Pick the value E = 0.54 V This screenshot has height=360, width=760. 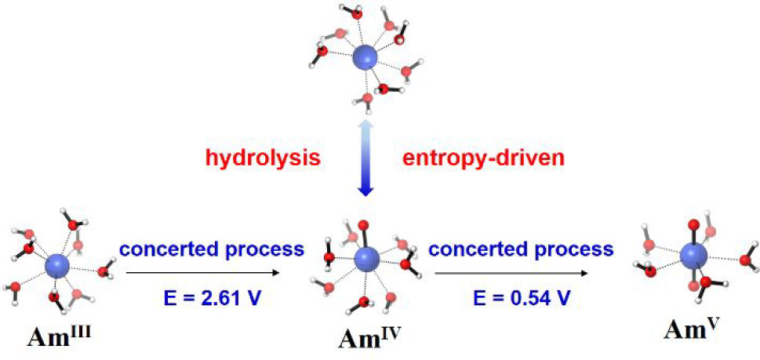pos(521,298)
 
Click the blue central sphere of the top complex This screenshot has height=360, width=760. pos(365,56)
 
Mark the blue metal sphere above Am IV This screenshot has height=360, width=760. pos(366,258)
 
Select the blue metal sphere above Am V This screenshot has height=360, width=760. pos(693,254)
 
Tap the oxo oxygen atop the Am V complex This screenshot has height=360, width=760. pos(693,222)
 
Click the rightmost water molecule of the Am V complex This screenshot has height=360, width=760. pos(747,259)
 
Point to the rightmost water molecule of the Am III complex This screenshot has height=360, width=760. pos(105,271)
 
